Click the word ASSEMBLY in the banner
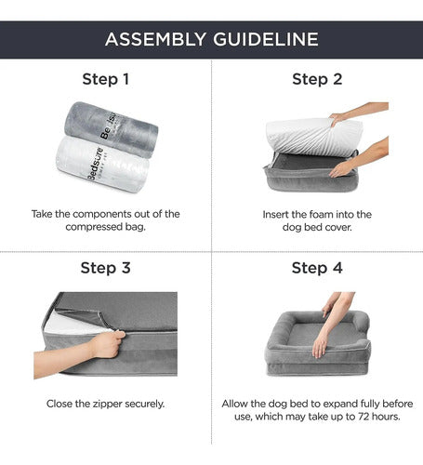tap(155, 39)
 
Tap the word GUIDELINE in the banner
tap(266, 39)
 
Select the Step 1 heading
tap(105, 79)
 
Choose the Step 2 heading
tap(317, 79)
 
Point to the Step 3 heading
tap(105, 268)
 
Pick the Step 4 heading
tap(317, 268)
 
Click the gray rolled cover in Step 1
tap(111, 129)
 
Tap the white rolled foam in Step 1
tap(102, 165)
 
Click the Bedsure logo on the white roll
tap(95, 164)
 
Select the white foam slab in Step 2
tap(313, 137)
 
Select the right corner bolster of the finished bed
tap(361, 324)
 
